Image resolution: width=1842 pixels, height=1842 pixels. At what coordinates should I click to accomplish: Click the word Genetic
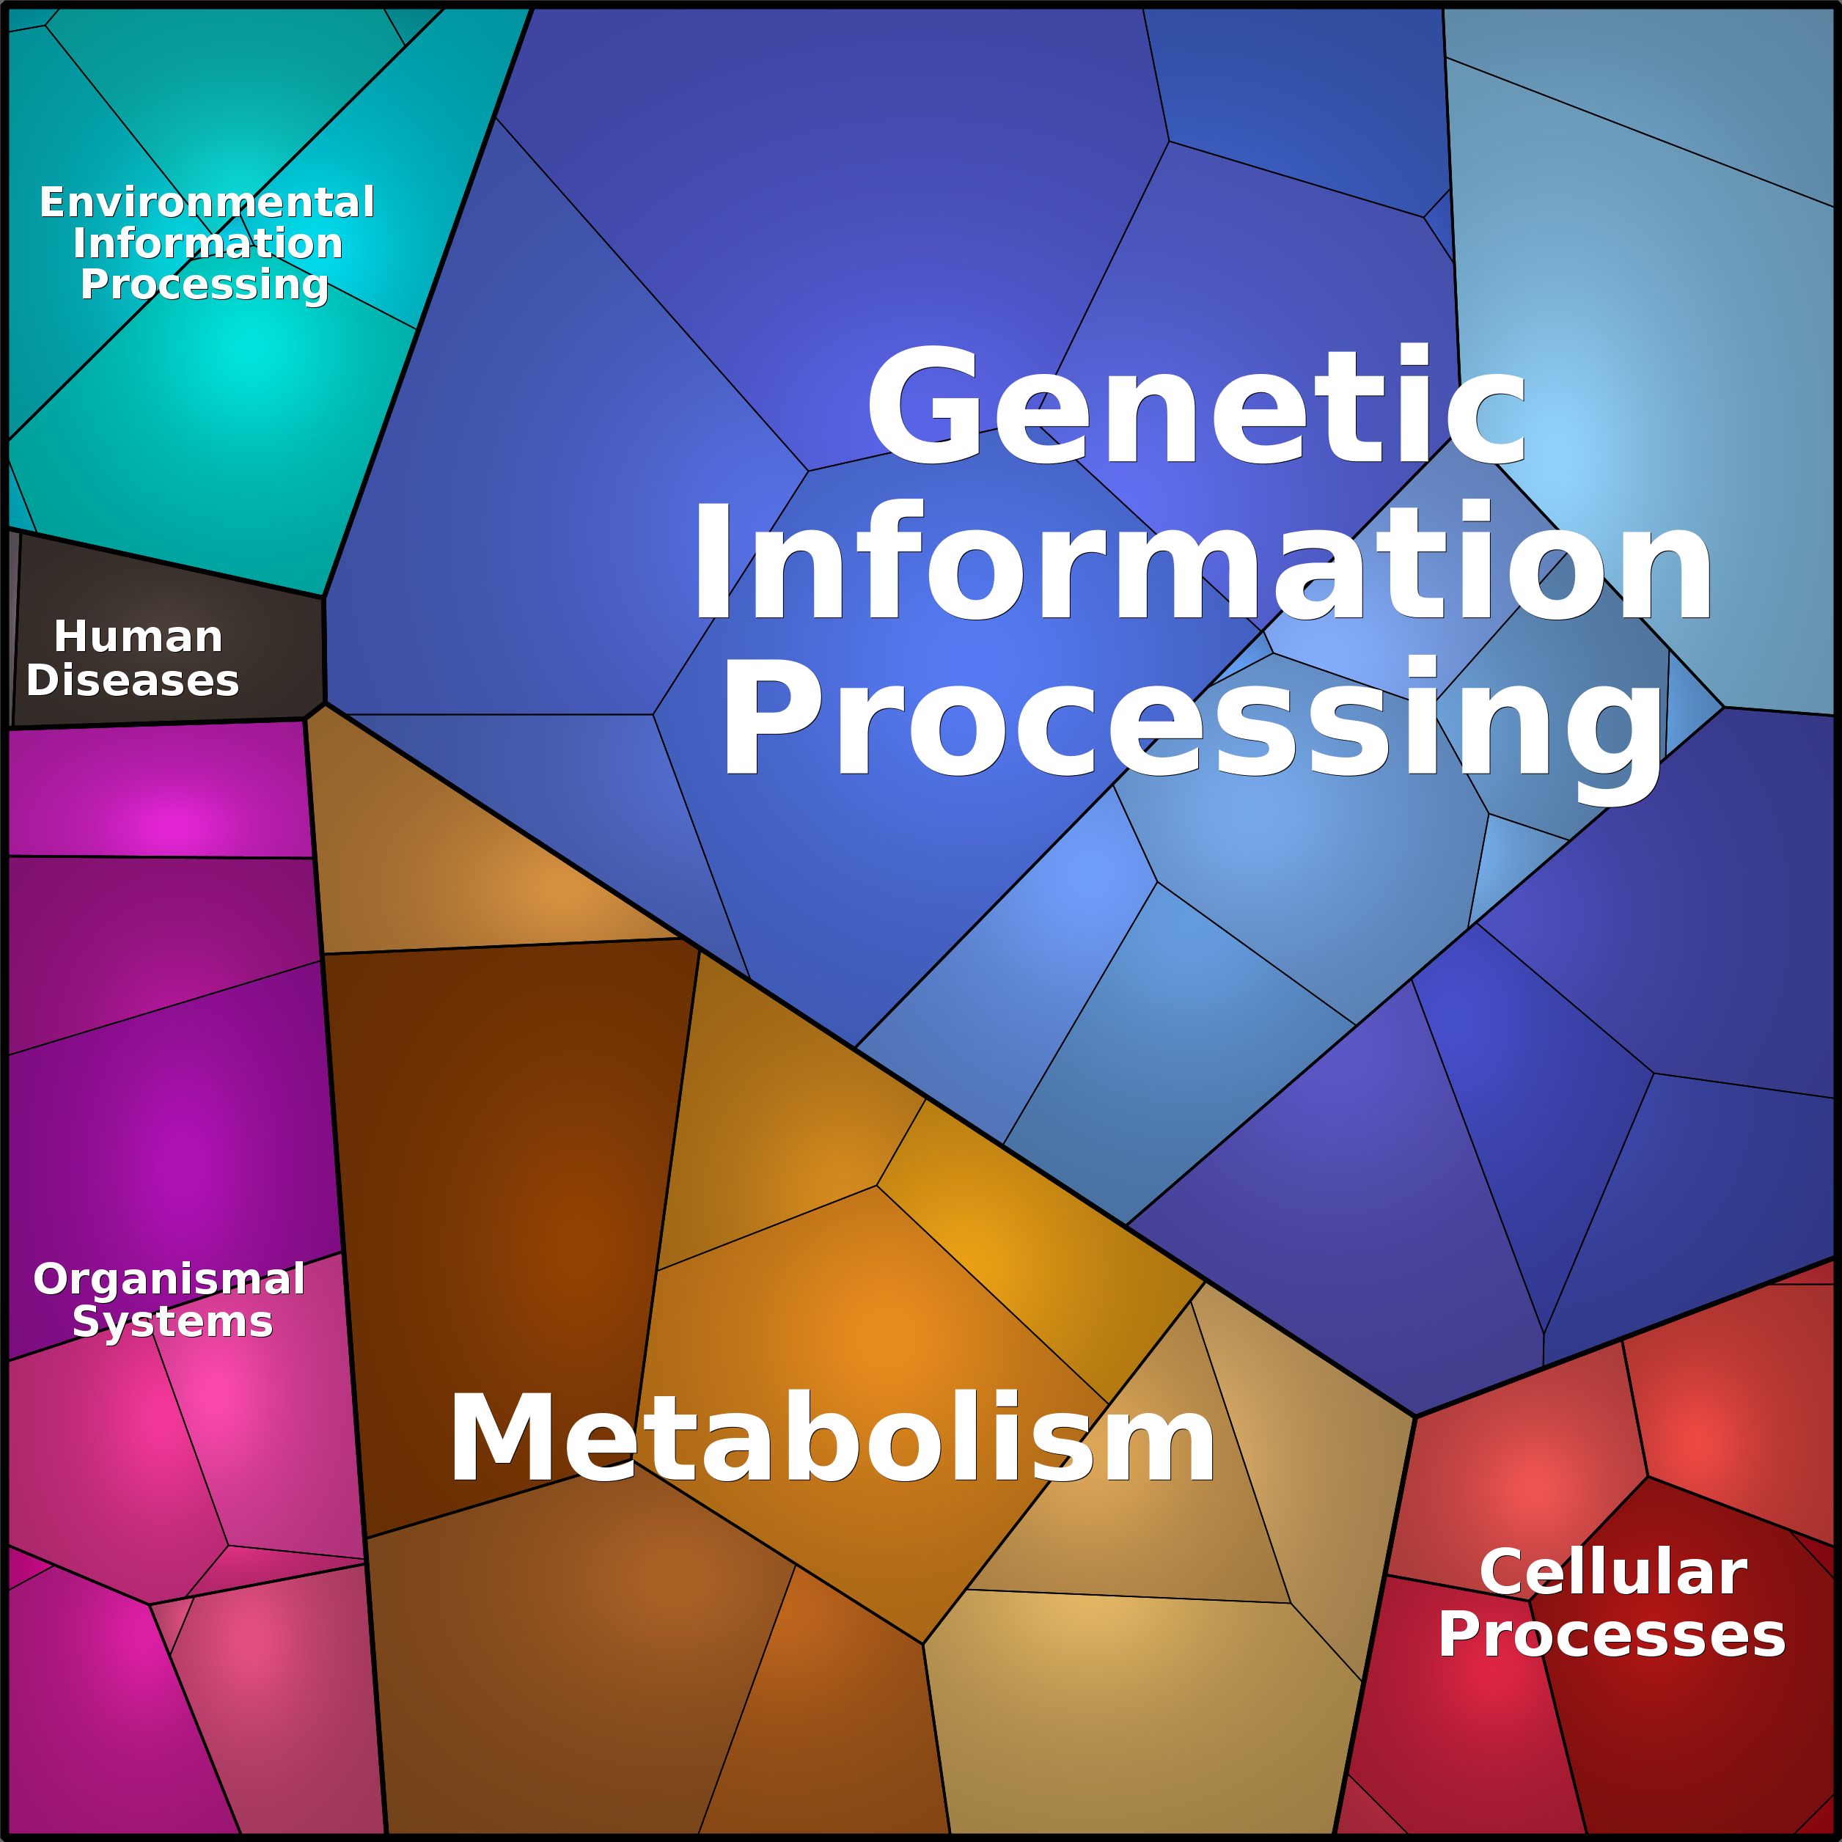[1197, 406]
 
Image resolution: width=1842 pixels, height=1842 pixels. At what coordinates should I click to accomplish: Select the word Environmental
[207, 202]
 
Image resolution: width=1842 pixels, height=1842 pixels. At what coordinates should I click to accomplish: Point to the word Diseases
[133, 680]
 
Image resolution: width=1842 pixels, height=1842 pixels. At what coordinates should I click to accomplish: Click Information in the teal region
[208, 243]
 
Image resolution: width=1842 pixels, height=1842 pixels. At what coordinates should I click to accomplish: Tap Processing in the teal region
[205, 285]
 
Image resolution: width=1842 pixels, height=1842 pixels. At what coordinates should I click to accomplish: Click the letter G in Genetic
[924, 406]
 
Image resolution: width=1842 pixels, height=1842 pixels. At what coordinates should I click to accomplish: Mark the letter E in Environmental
[53, 202]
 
